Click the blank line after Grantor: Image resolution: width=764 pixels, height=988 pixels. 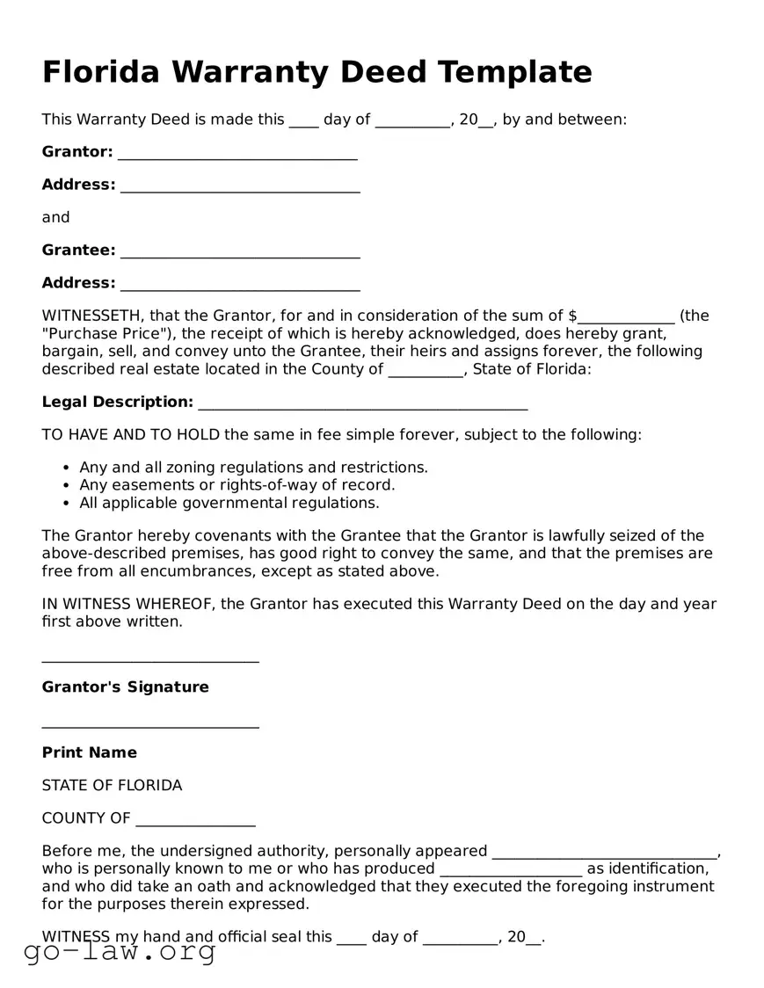(237, 153)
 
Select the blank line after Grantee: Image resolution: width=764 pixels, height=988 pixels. (240, 251)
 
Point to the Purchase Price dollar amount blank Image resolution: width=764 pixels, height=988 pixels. (626, 317)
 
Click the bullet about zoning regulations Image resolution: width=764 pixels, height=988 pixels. (253, 467)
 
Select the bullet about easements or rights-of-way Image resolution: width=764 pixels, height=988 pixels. (236, 484)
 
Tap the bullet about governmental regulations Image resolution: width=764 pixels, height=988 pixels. (229, 503)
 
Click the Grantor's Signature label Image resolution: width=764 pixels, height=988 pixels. (126, 687)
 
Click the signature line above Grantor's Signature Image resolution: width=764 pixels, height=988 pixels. (150, 660)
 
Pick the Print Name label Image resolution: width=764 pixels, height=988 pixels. (90, 752)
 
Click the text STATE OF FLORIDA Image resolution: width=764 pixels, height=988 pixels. (112, 785)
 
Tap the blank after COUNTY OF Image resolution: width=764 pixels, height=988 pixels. (195, 820)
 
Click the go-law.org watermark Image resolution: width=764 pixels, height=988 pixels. (120, 951)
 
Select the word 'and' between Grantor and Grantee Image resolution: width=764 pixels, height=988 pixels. (55, 217)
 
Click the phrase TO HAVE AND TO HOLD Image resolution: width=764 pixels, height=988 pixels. (131, 434)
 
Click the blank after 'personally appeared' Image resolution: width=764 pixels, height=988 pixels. (605, 853)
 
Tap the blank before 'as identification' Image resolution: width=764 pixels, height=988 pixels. (510, 870)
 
